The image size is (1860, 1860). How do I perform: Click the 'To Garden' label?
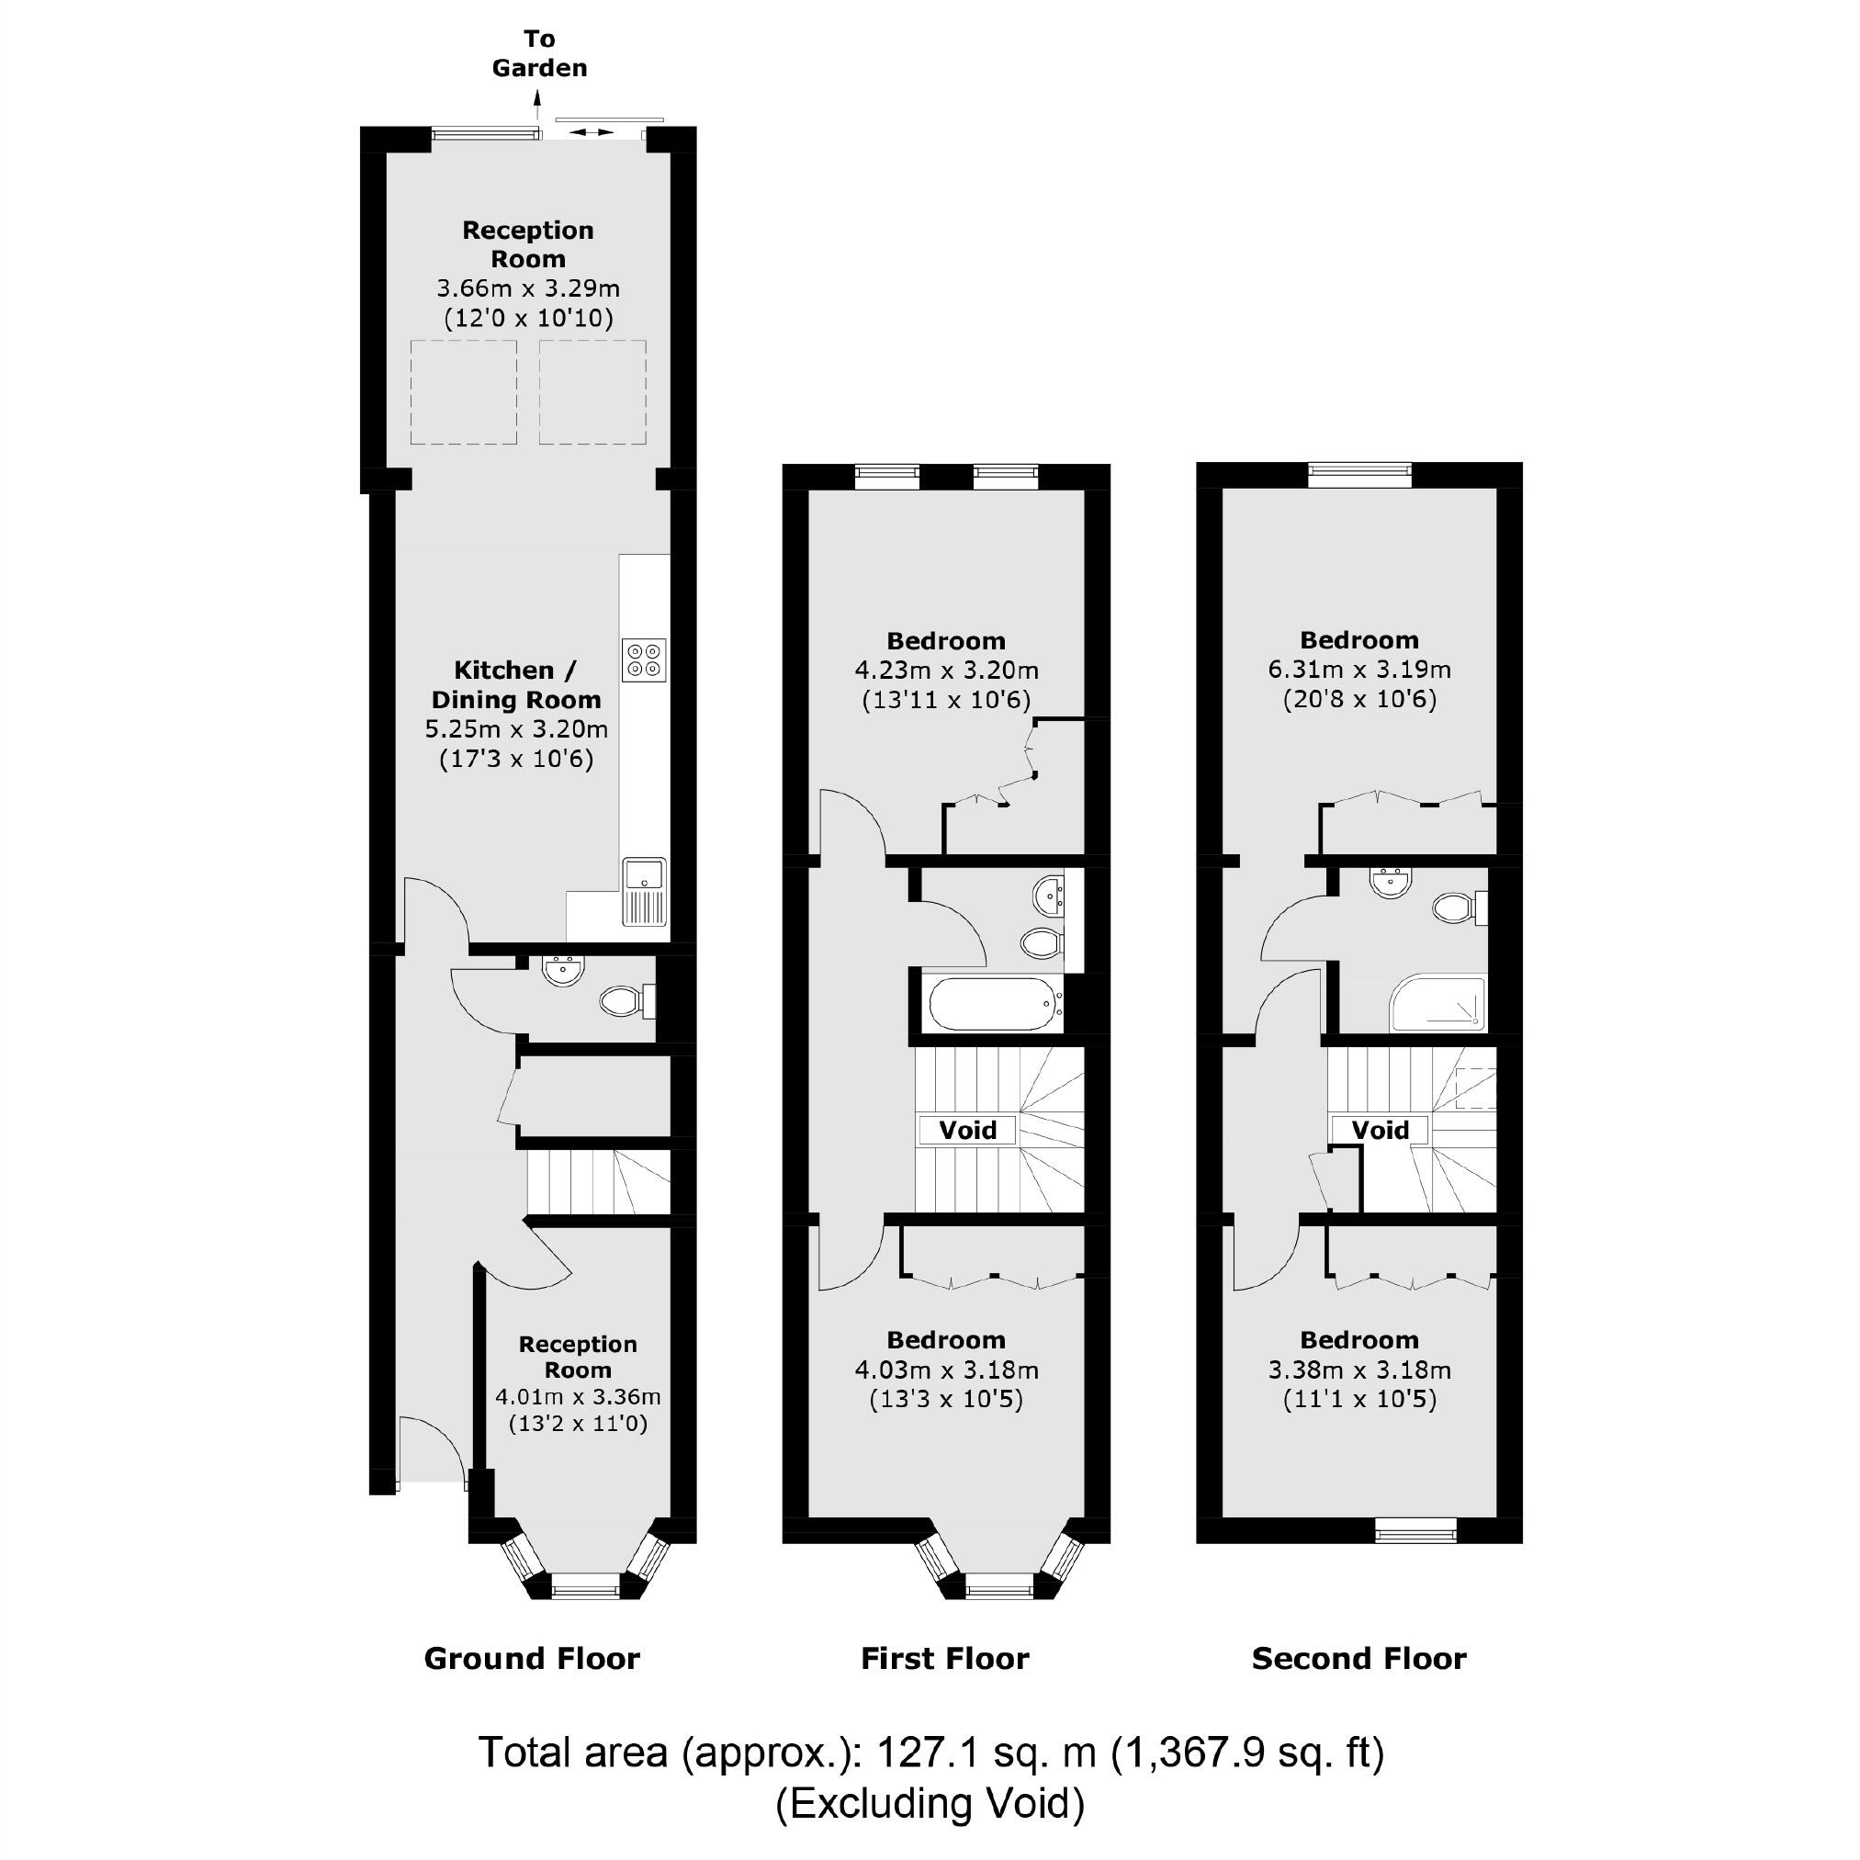[539, 53]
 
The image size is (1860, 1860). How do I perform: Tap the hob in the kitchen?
[644, 659]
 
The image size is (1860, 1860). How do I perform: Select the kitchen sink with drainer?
[644, 891]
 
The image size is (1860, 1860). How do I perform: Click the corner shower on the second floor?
[1437, 1004]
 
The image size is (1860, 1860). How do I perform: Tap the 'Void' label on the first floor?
[967, 1129]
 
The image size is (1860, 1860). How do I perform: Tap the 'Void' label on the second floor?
[1380, 1129]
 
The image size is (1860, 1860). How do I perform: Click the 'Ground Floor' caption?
[532, 1658]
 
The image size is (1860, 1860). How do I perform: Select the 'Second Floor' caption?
[1358, 1658]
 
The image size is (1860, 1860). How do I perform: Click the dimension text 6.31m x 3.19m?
[1358, 669]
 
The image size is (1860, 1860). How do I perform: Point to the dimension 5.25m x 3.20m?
[516, 728]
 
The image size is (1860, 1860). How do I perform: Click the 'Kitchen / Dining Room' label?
[516, 684]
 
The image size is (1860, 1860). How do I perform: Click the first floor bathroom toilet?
[1042, 942]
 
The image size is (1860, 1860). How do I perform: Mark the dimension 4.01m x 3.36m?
[578, 1396]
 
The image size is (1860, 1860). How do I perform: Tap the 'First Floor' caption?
[944, 1658]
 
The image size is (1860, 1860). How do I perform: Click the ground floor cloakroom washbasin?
[562, 971]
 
